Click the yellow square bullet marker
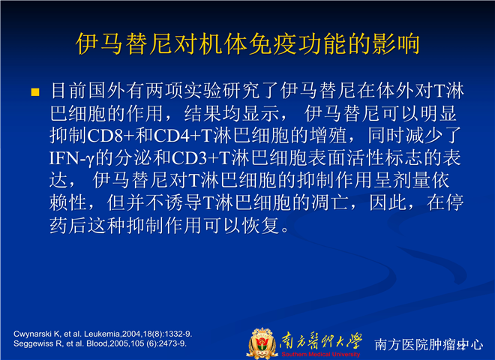(x=35, y=92)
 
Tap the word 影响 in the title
(x=396, y=43)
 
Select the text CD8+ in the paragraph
(x=110, y=136)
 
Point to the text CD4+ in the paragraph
(x=177, y=136)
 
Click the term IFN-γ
(x=72, y=158)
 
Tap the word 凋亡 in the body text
(x=331, y=202)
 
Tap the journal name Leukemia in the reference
(x=103, y=334)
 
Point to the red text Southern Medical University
(x=321, y=354)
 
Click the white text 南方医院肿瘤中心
(x=429, y=344)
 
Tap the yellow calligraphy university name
(x=321, y=340)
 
